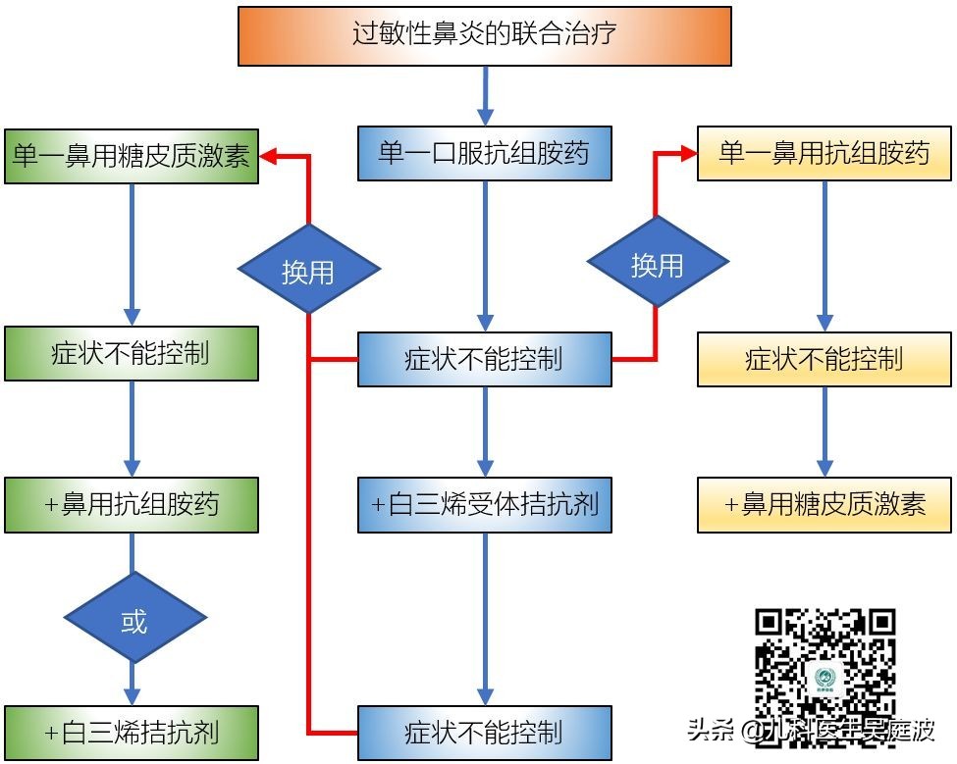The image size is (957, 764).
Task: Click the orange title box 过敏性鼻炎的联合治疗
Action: pyautogui.click(x=485, y=36)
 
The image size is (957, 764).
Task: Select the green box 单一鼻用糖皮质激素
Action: pyautogui.click(x=131, y=156)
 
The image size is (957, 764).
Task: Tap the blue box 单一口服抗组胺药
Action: pyautogui.click(x=485, y=153)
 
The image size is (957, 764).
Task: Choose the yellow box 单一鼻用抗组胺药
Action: pyautogui.click(x=824, y=153)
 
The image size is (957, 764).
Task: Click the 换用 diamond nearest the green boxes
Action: pyautogui.click(x=309, y=269)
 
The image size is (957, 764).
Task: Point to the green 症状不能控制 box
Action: pyautogui.click(x=131, y=353)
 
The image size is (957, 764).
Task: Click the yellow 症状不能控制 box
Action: pyautogui.click(x=824, y=358)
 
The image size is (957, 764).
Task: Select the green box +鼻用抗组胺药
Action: pyautogui.click(x=131, y=505)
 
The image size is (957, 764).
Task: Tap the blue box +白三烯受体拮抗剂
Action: pyautogui.click(x=485, y=505)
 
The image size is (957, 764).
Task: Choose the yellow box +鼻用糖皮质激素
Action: pyautogui.click(x=824, y=505)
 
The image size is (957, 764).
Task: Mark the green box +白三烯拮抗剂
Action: pyautogui.click(x=131, y=732)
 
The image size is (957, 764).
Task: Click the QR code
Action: pyautogui.click(x=824, y=665)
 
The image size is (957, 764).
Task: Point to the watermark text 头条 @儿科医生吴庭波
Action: pyautogui.click(x=811, y=731)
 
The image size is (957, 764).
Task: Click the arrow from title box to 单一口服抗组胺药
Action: pyautogui.click(x=485, y=96)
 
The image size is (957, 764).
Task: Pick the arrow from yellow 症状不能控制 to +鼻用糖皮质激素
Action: pyautogui.click(x=824, y=432)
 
